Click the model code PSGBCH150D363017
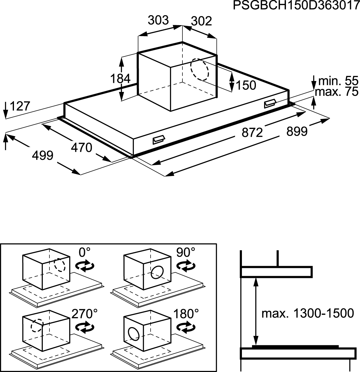pos(296,6)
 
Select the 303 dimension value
pos(158,20)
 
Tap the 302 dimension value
pos(202,21)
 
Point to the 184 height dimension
pos(120,78)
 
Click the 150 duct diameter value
pos(246,85)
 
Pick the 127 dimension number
pos(20,106)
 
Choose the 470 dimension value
pos(82,147)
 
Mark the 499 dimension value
pos(42,155)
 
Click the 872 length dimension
pos(252,133)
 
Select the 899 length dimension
pos(297,131)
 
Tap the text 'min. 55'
pos(338,81)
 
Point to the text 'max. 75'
pos(337,92)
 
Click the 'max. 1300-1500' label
pos(307,313)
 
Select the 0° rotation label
pos(84,252)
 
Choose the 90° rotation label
pos(185,252)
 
